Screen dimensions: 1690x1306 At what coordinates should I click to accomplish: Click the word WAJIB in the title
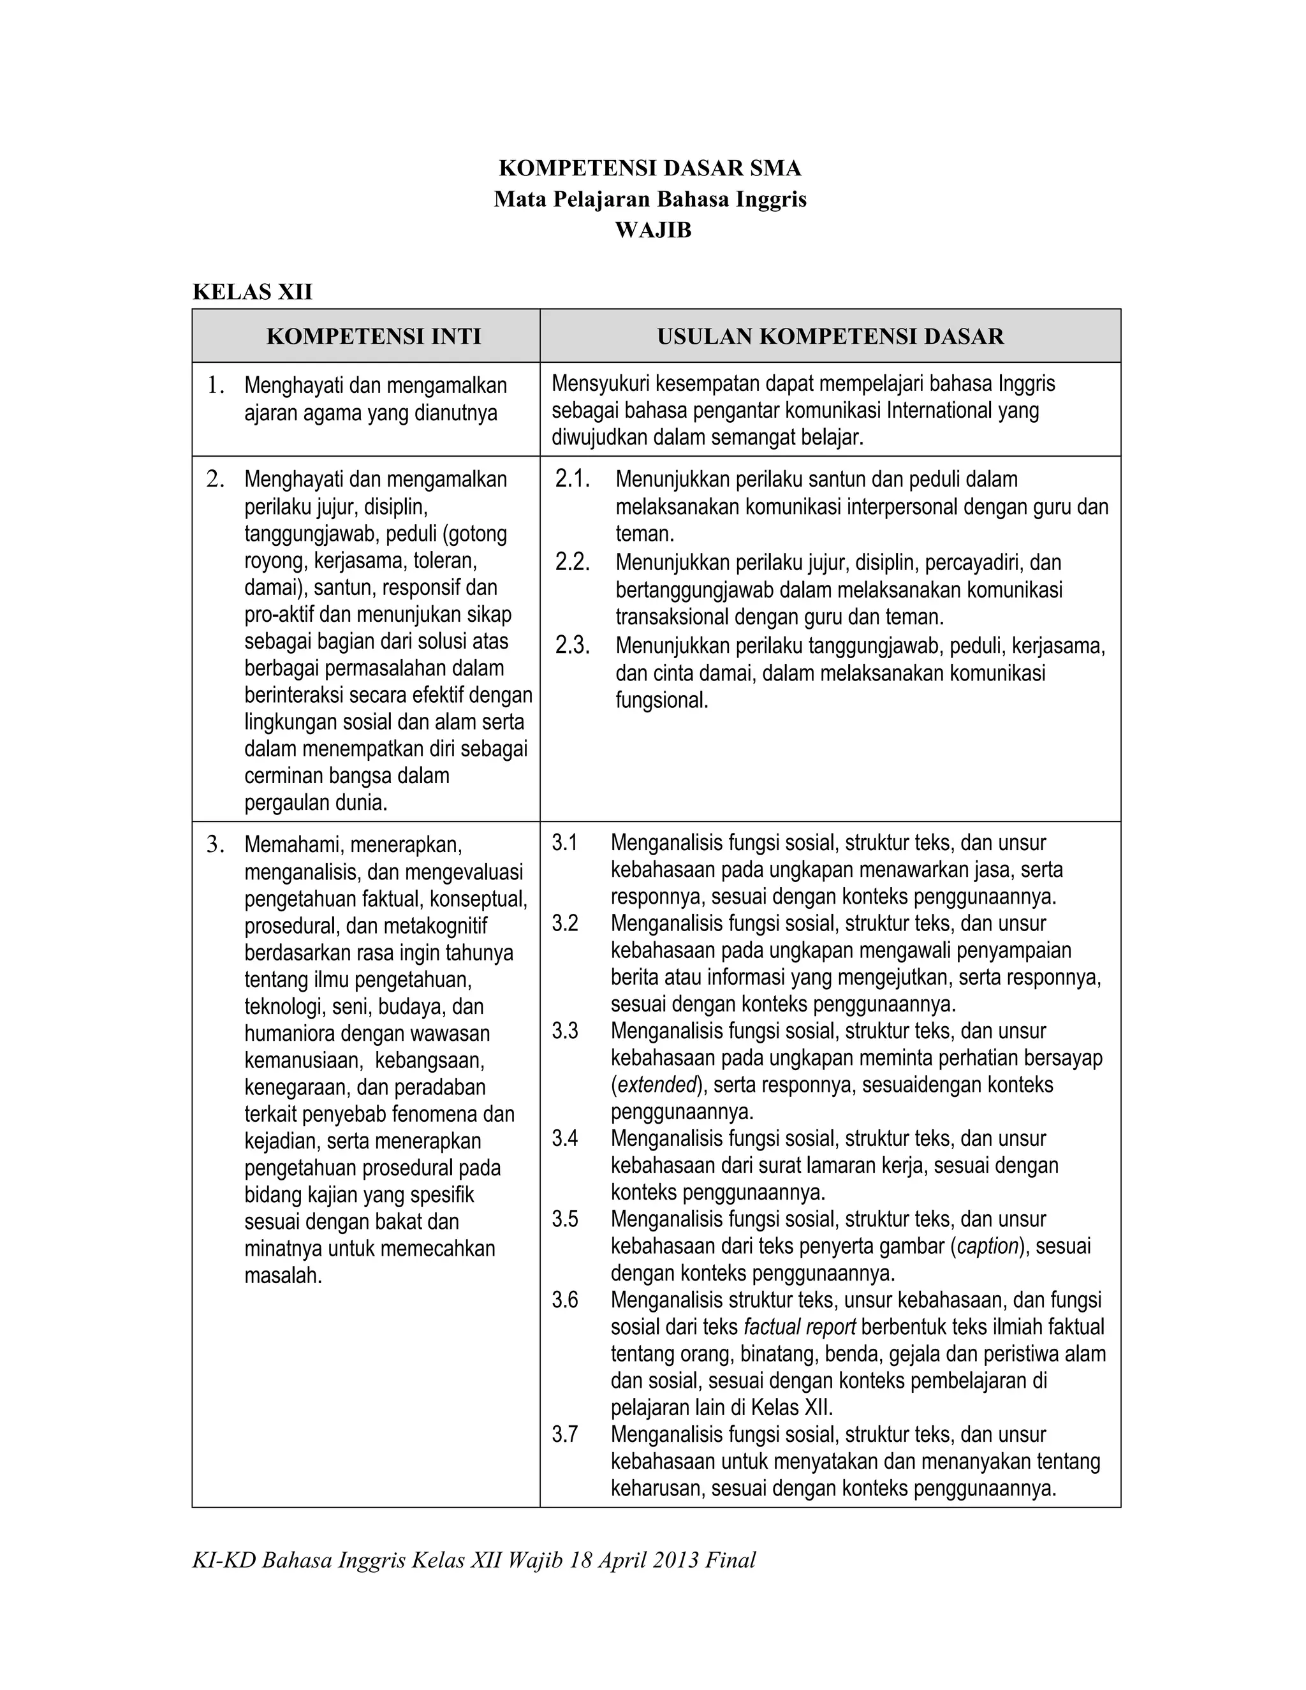pos(652,231)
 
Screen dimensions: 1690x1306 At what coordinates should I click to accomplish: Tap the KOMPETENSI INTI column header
pos(374,336)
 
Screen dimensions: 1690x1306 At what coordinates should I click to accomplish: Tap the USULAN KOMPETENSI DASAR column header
pos(830,336)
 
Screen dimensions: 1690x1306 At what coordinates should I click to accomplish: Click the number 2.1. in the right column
pos(573,480)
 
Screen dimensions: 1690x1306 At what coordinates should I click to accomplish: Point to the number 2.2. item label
pos(573,562)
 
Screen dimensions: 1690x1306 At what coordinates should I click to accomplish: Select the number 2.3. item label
pos(573,645)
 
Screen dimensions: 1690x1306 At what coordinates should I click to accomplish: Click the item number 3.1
pos(565,842)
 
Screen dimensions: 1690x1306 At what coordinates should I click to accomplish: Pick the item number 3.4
pos(565,1138)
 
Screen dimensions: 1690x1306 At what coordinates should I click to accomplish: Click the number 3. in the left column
pos(215,844)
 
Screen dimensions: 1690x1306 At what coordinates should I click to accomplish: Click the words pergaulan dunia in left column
pos(315,802)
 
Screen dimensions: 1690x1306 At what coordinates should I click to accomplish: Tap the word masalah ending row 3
pos(282,1275)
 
